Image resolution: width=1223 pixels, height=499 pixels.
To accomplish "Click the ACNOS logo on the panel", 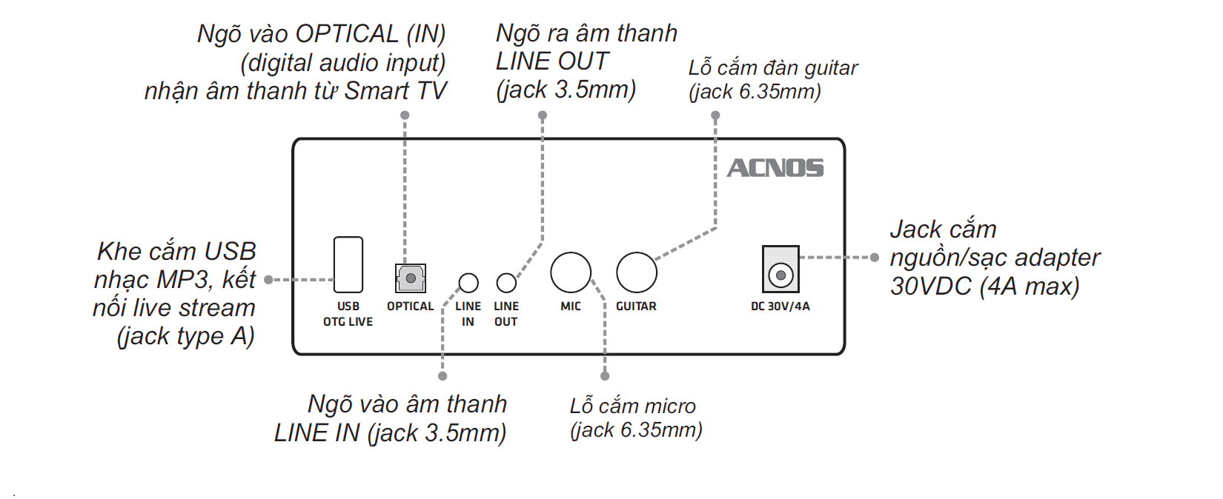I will pos(775,168).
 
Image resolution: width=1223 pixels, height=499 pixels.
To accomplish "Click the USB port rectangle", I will pos(348,264).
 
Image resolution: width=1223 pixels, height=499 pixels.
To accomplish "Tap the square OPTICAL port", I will pos(410,278).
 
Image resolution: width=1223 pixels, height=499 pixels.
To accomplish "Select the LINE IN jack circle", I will pos(468,283).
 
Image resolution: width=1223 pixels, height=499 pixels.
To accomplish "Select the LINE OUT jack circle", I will pos(506,283).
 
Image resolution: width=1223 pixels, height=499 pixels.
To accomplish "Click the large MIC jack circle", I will pos(571,272).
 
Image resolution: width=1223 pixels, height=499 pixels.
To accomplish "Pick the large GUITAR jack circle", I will pos(637,272).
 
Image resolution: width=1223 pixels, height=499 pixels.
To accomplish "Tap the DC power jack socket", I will pos(780,275).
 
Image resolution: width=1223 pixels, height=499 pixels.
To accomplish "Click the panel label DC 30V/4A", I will pos(780,307).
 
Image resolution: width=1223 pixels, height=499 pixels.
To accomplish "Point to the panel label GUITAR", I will pos(636,307).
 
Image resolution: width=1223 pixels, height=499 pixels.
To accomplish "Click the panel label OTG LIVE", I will pos(348,322).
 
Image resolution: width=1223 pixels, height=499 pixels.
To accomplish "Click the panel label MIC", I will pos(571,307).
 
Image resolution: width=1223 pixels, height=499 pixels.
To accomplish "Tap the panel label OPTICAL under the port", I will pos(410,307).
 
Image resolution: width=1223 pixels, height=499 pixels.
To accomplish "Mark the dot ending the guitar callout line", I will pos(715,115).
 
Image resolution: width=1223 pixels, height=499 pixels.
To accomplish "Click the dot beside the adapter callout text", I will pos(875,258).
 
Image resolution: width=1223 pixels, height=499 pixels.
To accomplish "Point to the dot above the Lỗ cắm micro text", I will pos(605,376).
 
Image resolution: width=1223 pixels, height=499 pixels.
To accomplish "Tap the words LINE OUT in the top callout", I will pos(552,61).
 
